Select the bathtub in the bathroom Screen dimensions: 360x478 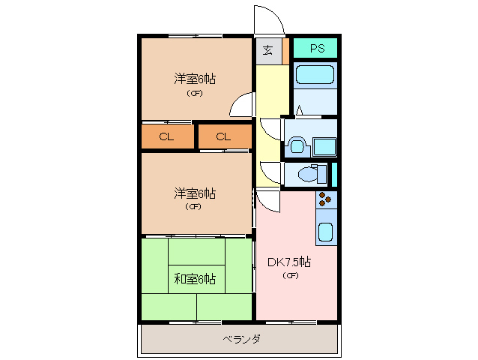[x=315, y=74]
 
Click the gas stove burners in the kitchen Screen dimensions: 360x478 [x=325, y=199]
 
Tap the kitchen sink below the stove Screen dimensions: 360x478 [x=325, y=232]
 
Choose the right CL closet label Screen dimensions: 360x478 [x=223, y=136]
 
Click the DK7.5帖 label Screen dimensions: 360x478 [x=289, y=262]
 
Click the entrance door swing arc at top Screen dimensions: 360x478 [x=267, y=19]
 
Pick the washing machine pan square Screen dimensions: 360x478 [x=324, y=145]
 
